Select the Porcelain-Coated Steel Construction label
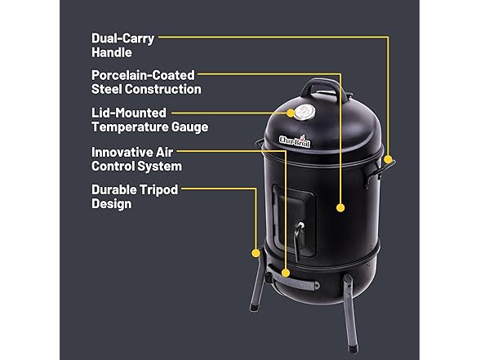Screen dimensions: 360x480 coord(146,82)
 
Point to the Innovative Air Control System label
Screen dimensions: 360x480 coord(136,158)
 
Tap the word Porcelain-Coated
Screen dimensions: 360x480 coord(143,75)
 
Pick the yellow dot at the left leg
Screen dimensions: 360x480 coord(256,251)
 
